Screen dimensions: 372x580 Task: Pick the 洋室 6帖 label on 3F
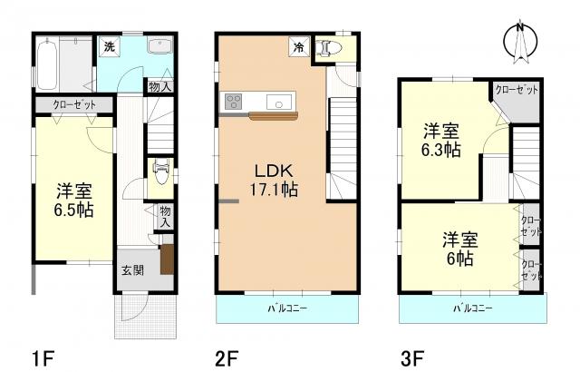(x=460, y=248)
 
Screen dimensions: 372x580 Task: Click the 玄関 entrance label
(x=130, y=269)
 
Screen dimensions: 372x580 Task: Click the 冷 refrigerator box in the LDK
(x=296, y=44)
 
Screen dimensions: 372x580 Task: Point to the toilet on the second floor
(x=329, y=50)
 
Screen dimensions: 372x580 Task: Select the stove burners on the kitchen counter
(x=232, y=102)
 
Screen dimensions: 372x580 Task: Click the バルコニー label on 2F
(x=289, y=308)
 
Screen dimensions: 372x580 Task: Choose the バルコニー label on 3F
(x=472, y=308)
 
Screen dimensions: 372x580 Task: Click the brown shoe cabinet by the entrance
(x=167, y=260)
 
